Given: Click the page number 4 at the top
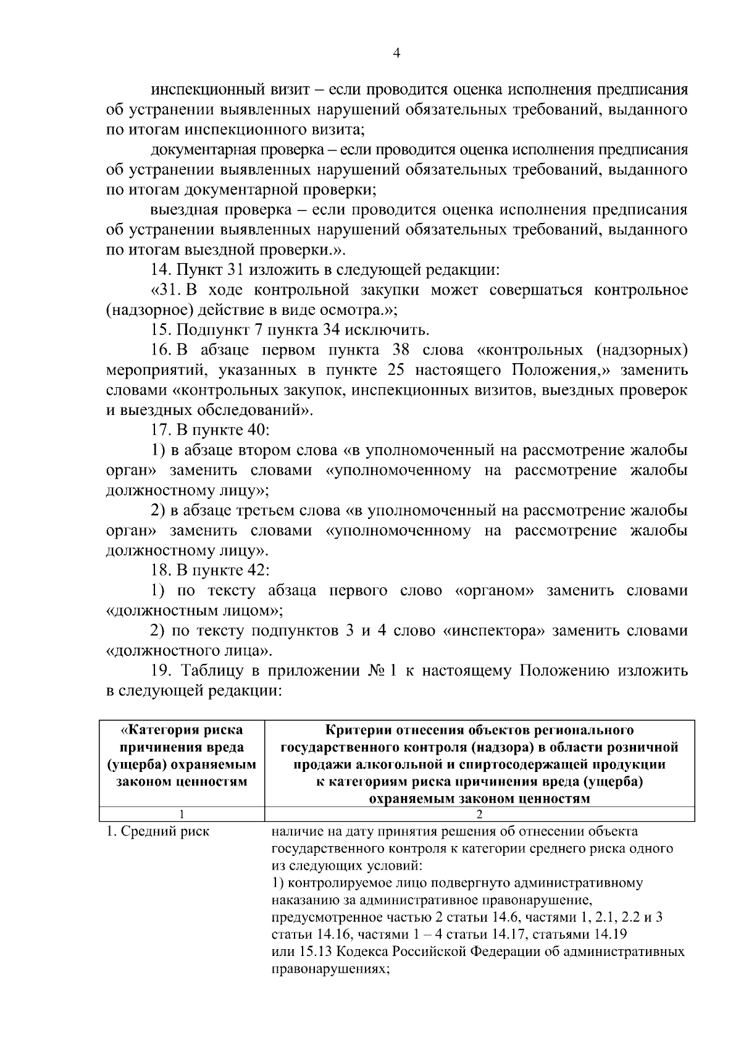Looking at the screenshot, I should click(397, 54).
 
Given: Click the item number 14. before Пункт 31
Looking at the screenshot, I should click(163, 270).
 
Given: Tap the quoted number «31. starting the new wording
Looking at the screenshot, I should click(165, 290).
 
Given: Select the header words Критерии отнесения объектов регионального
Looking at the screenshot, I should click(479, 730).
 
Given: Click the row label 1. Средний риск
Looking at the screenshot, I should click(157, 832).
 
